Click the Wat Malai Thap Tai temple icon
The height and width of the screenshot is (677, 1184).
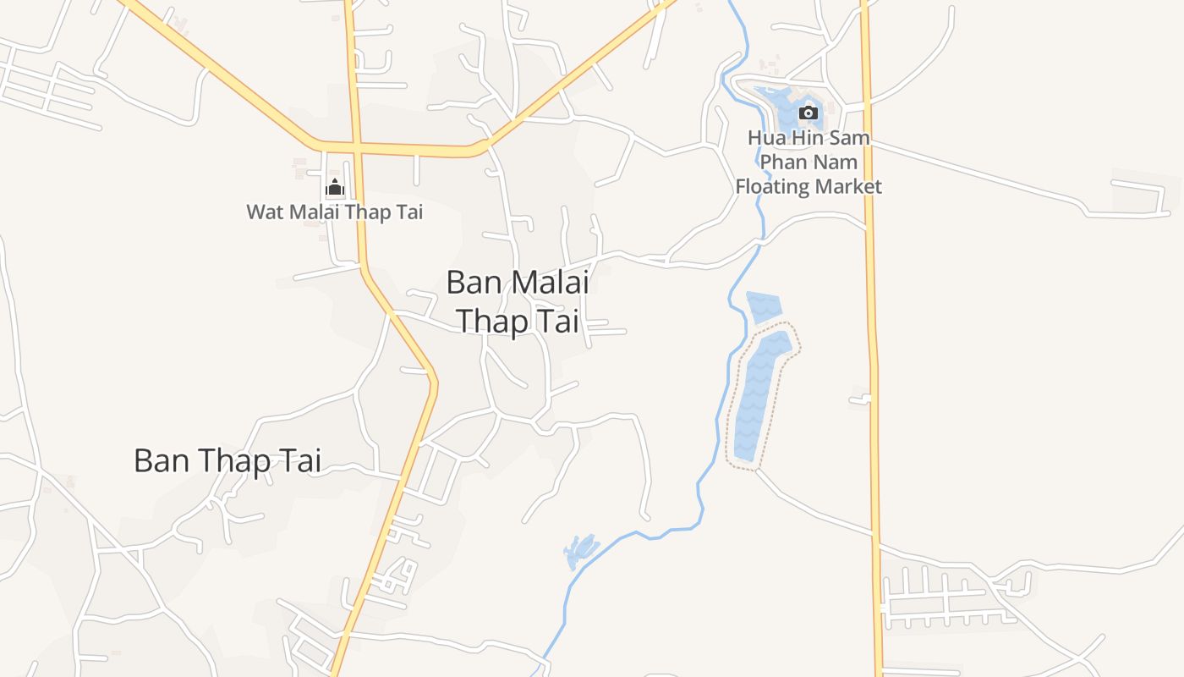click(x=335, y=187)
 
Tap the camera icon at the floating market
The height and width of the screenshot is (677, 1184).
click(x=809, y=113)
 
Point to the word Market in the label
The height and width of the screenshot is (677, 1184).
click(x=847, y=186)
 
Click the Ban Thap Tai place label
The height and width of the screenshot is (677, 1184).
click(x=227, y=460)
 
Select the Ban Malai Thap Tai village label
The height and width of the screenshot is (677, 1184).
click(x=517, y=301)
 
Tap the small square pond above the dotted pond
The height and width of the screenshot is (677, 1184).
click(x=764, y=307)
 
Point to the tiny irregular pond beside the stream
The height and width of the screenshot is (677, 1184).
click(x=580, y=551)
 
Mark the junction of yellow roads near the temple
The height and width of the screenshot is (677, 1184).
click(x=356, y=148)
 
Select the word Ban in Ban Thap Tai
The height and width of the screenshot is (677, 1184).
click(x=162, y=460)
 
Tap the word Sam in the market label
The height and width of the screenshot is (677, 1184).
click(x=849, y=137)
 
